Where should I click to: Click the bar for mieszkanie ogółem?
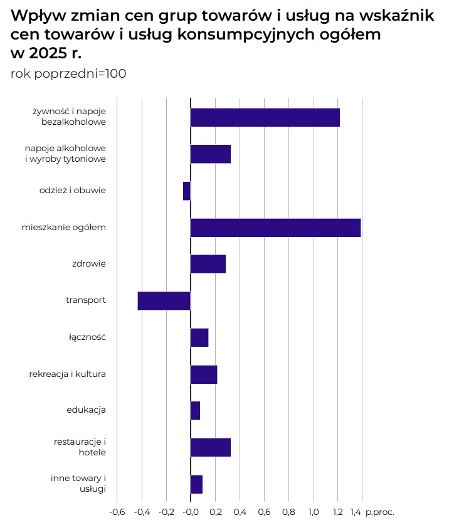(275, 228)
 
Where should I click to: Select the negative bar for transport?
(164, 301)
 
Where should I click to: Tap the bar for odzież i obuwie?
(187, 191)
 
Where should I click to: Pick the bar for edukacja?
(195, 411)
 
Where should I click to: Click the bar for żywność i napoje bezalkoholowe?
(265, 117)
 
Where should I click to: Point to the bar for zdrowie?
(208, 264)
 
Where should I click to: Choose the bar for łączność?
(199, 337)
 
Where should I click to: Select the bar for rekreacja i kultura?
(203, 374)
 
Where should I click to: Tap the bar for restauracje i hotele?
(210, 447)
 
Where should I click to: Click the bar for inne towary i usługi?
(196, 484)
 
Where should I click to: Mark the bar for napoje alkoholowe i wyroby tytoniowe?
(210, 154)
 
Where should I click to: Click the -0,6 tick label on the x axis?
(117, 512)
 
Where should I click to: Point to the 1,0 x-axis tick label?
(313, 512)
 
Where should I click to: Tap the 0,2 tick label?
(215, 512)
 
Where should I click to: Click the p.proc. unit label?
(380, 512)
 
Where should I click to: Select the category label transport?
(86, 300)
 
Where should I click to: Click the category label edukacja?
(86, 410)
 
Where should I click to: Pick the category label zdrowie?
(89, 263)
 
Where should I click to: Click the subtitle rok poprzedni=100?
(68, 73)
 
